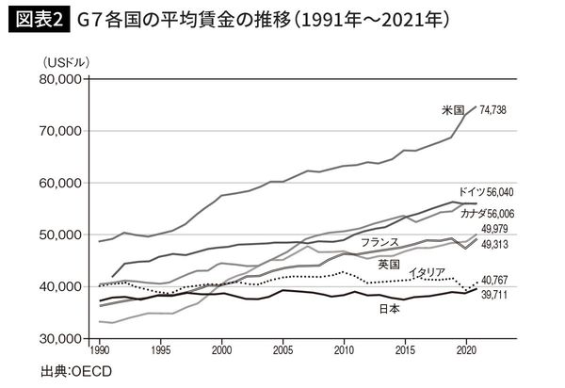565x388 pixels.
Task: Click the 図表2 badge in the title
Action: pos(37,20)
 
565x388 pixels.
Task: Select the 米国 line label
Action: pos(458,110)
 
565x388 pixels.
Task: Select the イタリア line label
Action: pos(429,272)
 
